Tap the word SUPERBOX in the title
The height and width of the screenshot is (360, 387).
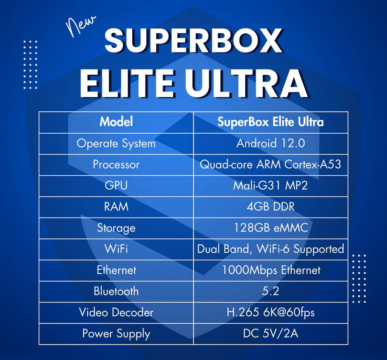coord(193,41)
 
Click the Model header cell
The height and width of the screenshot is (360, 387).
coord(116,122)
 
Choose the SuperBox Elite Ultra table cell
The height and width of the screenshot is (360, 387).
coord(270,122)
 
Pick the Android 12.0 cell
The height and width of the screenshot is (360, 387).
coord(270,144)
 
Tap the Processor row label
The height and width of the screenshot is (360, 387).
coord(116,165)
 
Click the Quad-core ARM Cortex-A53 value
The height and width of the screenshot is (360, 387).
coord(270,165)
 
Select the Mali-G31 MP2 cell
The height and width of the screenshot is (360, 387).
coord(270,186)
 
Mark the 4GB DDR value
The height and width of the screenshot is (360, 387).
coord(270,207)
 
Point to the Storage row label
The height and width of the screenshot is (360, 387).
coord(116,228)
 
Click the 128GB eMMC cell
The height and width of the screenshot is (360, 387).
coord(270,228)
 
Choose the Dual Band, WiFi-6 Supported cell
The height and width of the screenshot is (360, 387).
coord(270,249)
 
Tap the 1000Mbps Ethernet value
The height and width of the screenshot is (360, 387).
coord(270,270)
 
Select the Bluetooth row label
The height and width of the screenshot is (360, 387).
coord(116,291)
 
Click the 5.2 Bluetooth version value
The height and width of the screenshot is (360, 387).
coord(270,291)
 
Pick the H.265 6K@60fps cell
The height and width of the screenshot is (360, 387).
coord(270,312)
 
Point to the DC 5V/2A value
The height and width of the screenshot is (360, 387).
coord(270,334)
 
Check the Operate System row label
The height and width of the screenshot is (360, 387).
coord(116,144)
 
